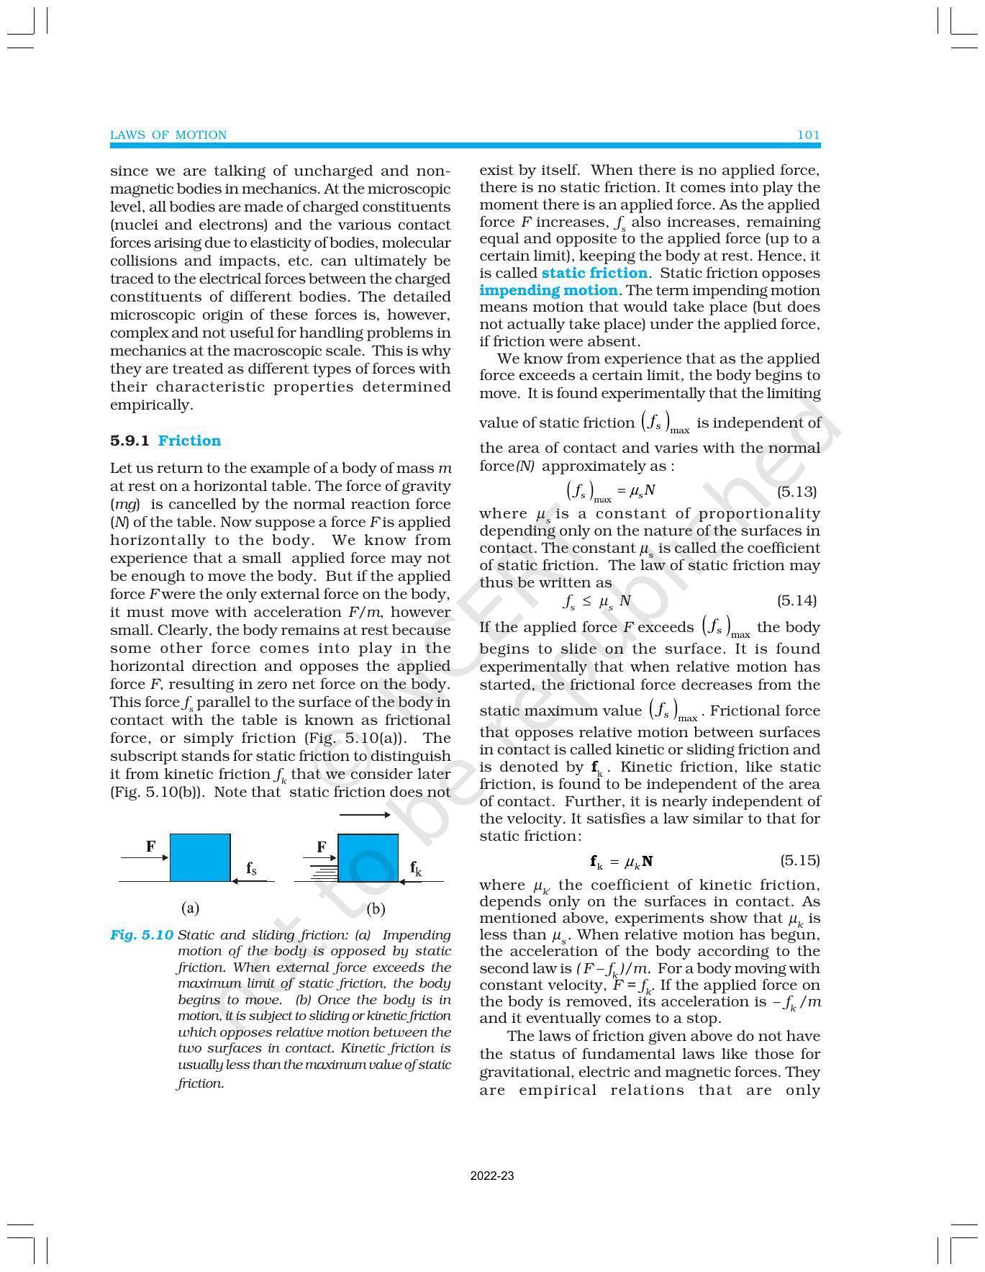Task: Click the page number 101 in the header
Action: (809, 135)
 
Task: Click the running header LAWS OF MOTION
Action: (168, 135)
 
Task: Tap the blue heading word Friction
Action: (189, 441)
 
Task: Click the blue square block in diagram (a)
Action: (200, 857)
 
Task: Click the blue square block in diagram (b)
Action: (368, 857)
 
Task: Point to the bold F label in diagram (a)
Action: (150, 847)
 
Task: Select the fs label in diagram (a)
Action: (252, 868)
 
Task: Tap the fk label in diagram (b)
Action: (416, 868)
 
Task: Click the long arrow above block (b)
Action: (364, 815)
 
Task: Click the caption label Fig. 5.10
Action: (142, 935)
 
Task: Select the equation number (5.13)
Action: (797, 492)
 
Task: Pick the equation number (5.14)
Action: (797, 600)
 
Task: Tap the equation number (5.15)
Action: (800, 860)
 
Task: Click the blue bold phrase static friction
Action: (594, 273)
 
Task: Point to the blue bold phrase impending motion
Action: (548, 290)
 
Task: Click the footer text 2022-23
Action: (492, 1176)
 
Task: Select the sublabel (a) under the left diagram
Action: (191, 908)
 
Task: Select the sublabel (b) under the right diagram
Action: (376, 908)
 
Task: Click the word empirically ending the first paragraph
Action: (151, 405)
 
